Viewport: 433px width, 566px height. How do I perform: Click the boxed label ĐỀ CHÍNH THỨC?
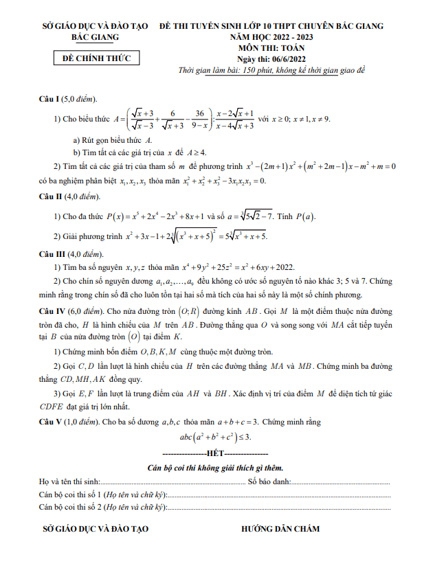96,58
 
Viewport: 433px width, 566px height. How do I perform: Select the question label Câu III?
54,253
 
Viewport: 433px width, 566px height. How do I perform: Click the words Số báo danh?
269,482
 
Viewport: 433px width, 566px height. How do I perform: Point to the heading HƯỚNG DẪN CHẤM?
280,529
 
